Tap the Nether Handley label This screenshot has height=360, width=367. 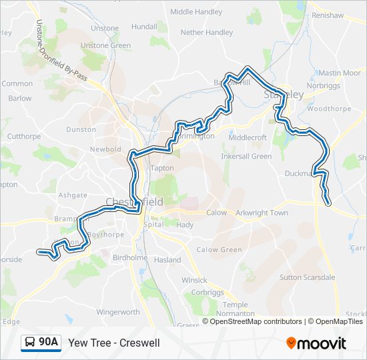207,32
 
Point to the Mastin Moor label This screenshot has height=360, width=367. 339,73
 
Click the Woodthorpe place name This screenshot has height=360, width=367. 326,108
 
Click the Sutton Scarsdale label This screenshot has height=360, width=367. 308,277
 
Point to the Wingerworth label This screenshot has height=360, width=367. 118,311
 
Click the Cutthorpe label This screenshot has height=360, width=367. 24,136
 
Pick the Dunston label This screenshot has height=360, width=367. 81,129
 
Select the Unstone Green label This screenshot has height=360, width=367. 106,45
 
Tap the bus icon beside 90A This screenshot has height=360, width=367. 30,343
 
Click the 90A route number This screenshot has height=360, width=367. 49,343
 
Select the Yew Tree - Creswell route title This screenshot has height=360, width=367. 114,343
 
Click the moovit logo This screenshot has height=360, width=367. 316,343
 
